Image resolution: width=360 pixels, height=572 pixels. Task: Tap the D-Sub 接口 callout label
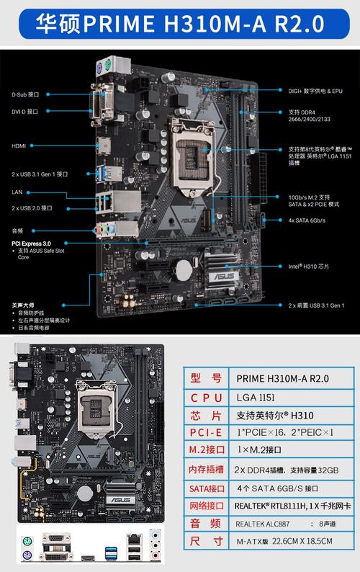tap(25, 94)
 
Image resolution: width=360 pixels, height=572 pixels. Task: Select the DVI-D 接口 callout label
tap(25, 112)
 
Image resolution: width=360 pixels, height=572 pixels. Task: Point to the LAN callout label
tap(17, 192)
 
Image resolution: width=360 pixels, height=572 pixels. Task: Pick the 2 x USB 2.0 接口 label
tap(32, 208)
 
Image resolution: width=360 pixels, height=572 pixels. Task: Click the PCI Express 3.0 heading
tap(31, 244)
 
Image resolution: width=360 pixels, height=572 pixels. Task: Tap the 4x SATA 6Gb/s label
tap(307, 220)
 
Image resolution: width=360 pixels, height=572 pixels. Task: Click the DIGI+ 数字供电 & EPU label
tap(315, 91)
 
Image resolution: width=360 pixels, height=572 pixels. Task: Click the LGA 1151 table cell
tap(256, 397)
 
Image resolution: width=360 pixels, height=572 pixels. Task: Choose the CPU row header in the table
tap(207, 398)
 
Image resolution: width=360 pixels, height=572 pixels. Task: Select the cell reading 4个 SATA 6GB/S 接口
tap(276, 488)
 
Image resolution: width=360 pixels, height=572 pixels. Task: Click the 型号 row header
tap(207, 379)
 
